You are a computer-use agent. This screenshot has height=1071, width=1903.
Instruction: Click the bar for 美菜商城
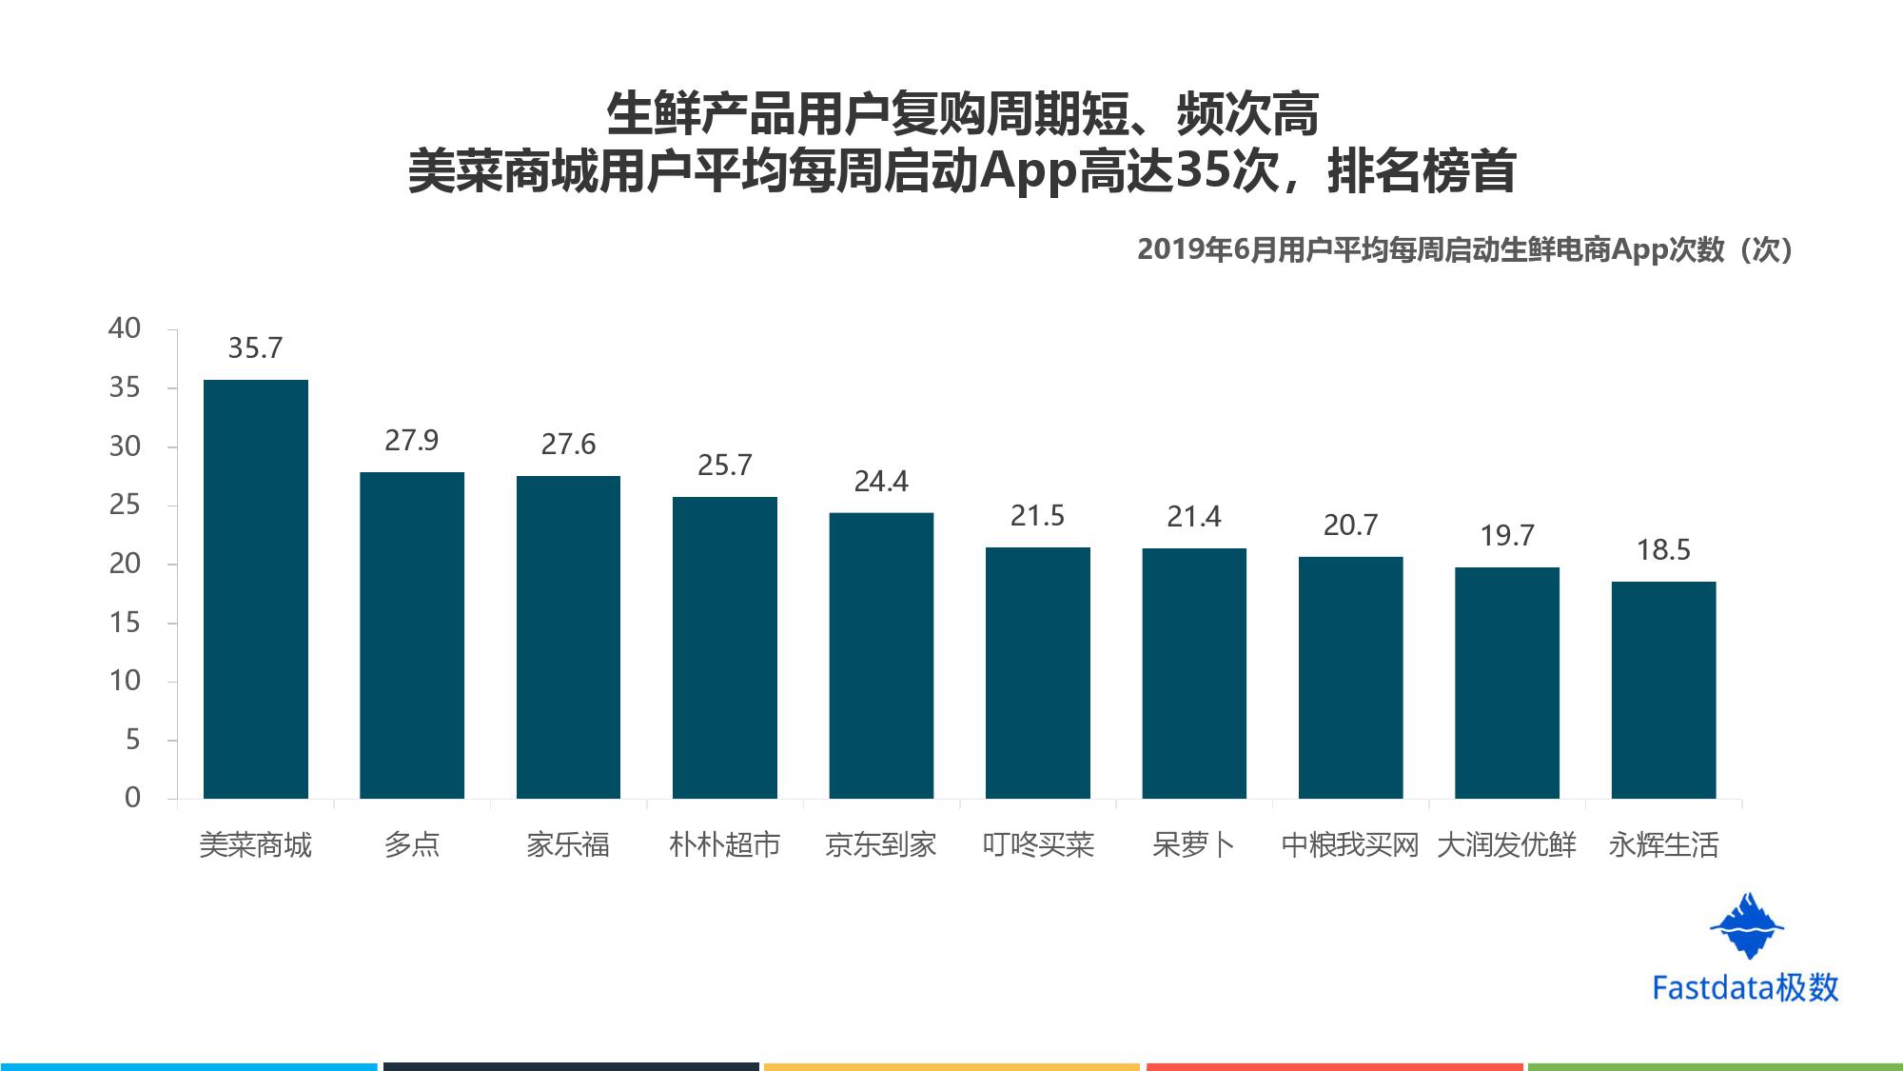click(x=256, y=589)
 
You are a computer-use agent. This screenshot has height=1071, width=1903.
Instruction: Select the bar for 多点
click(x=412, y=635)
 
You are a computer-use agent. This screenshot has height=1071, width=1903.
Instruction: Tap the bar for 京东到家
click(x=881, y=656)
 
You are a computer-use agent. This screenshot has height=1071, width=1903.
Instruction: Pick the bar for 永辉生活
click(x=1663, y=690)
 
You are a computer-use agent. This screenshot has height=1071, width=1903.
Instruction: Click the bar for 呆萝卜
click(x=1194, y=673)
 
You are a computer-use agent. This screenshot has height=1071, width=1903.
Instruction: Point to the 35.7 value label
click(x=255, y=348)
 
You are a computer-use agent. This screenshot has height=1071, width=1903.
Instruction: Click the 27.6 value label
click(x=568, y=445)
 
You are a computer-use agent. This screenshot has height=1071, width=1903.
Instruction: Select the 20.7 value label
click(x=1350, y=526)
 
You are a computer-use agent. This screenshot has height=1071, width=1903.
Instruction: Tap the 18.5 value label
click(x=1663, y=550)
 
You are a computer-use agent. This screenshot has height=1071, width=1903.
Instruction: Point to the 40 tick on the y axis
click(x=125, y=328)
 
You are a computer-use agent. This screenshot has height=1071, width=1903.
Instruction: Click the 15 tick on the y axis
click(x=125, y=623)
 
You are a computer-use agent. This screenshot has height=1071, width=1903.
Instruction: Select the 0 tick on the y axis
click(x=133, y=798)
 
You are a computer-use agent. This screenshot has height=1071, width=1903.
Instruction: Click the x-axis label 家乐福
click(x=568, y=845)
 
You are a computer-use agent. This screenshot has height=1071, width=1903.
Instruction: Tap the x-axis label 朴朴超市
click(x=725, y=845)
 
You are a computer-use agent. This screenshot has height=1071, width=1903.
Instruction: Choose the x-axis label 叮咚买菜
click(x=1038, y=845)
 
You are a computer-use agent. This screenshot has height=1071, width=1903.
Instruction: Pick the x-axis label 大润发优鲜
click(x=1507, y=845)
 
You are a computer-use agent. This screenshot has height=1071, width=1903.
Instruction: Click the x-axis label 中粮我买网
click(x=1350, y=845)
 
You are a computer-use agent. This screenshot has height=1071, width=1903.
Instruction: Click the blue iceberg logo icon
click(x=1747, y=925)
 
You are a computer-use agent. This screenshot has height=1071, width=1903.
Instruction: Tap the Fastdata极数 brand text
click(x=1746, y=988)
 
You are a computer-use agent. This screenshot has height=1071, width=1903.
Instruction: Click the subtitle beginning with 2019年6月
click(x=1465, y=249)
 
